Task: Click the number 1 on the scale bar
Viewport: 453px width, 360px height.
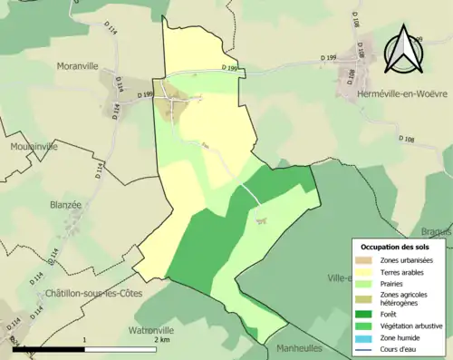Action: tap(84, 340)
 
